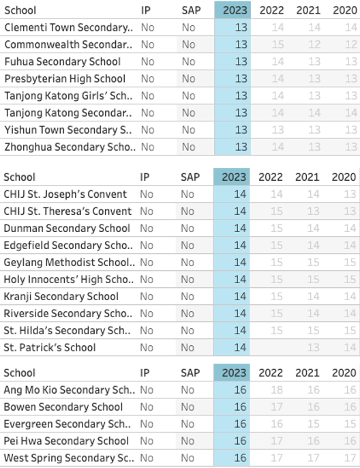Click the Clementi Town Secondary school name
coord(68,27)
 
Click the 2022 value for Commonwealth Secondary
coord(277,44)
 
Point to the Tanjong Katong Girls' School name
coord(68,96)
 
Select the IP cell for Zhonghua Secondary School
coord(147,147)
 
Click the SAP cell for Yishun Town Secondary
coord(188,130)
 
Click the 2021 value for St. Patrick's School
coord(313,347)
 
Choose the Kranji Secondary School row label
coord(61,296)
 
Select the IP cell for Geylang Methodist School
coord(147,262)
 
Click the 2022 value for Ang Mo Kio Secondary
coord(277,390)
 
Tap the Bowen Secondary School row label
coord(55,407)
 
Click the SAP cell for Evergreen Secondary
coord(188,424)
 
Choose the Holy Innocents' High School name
coord(68,279)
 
